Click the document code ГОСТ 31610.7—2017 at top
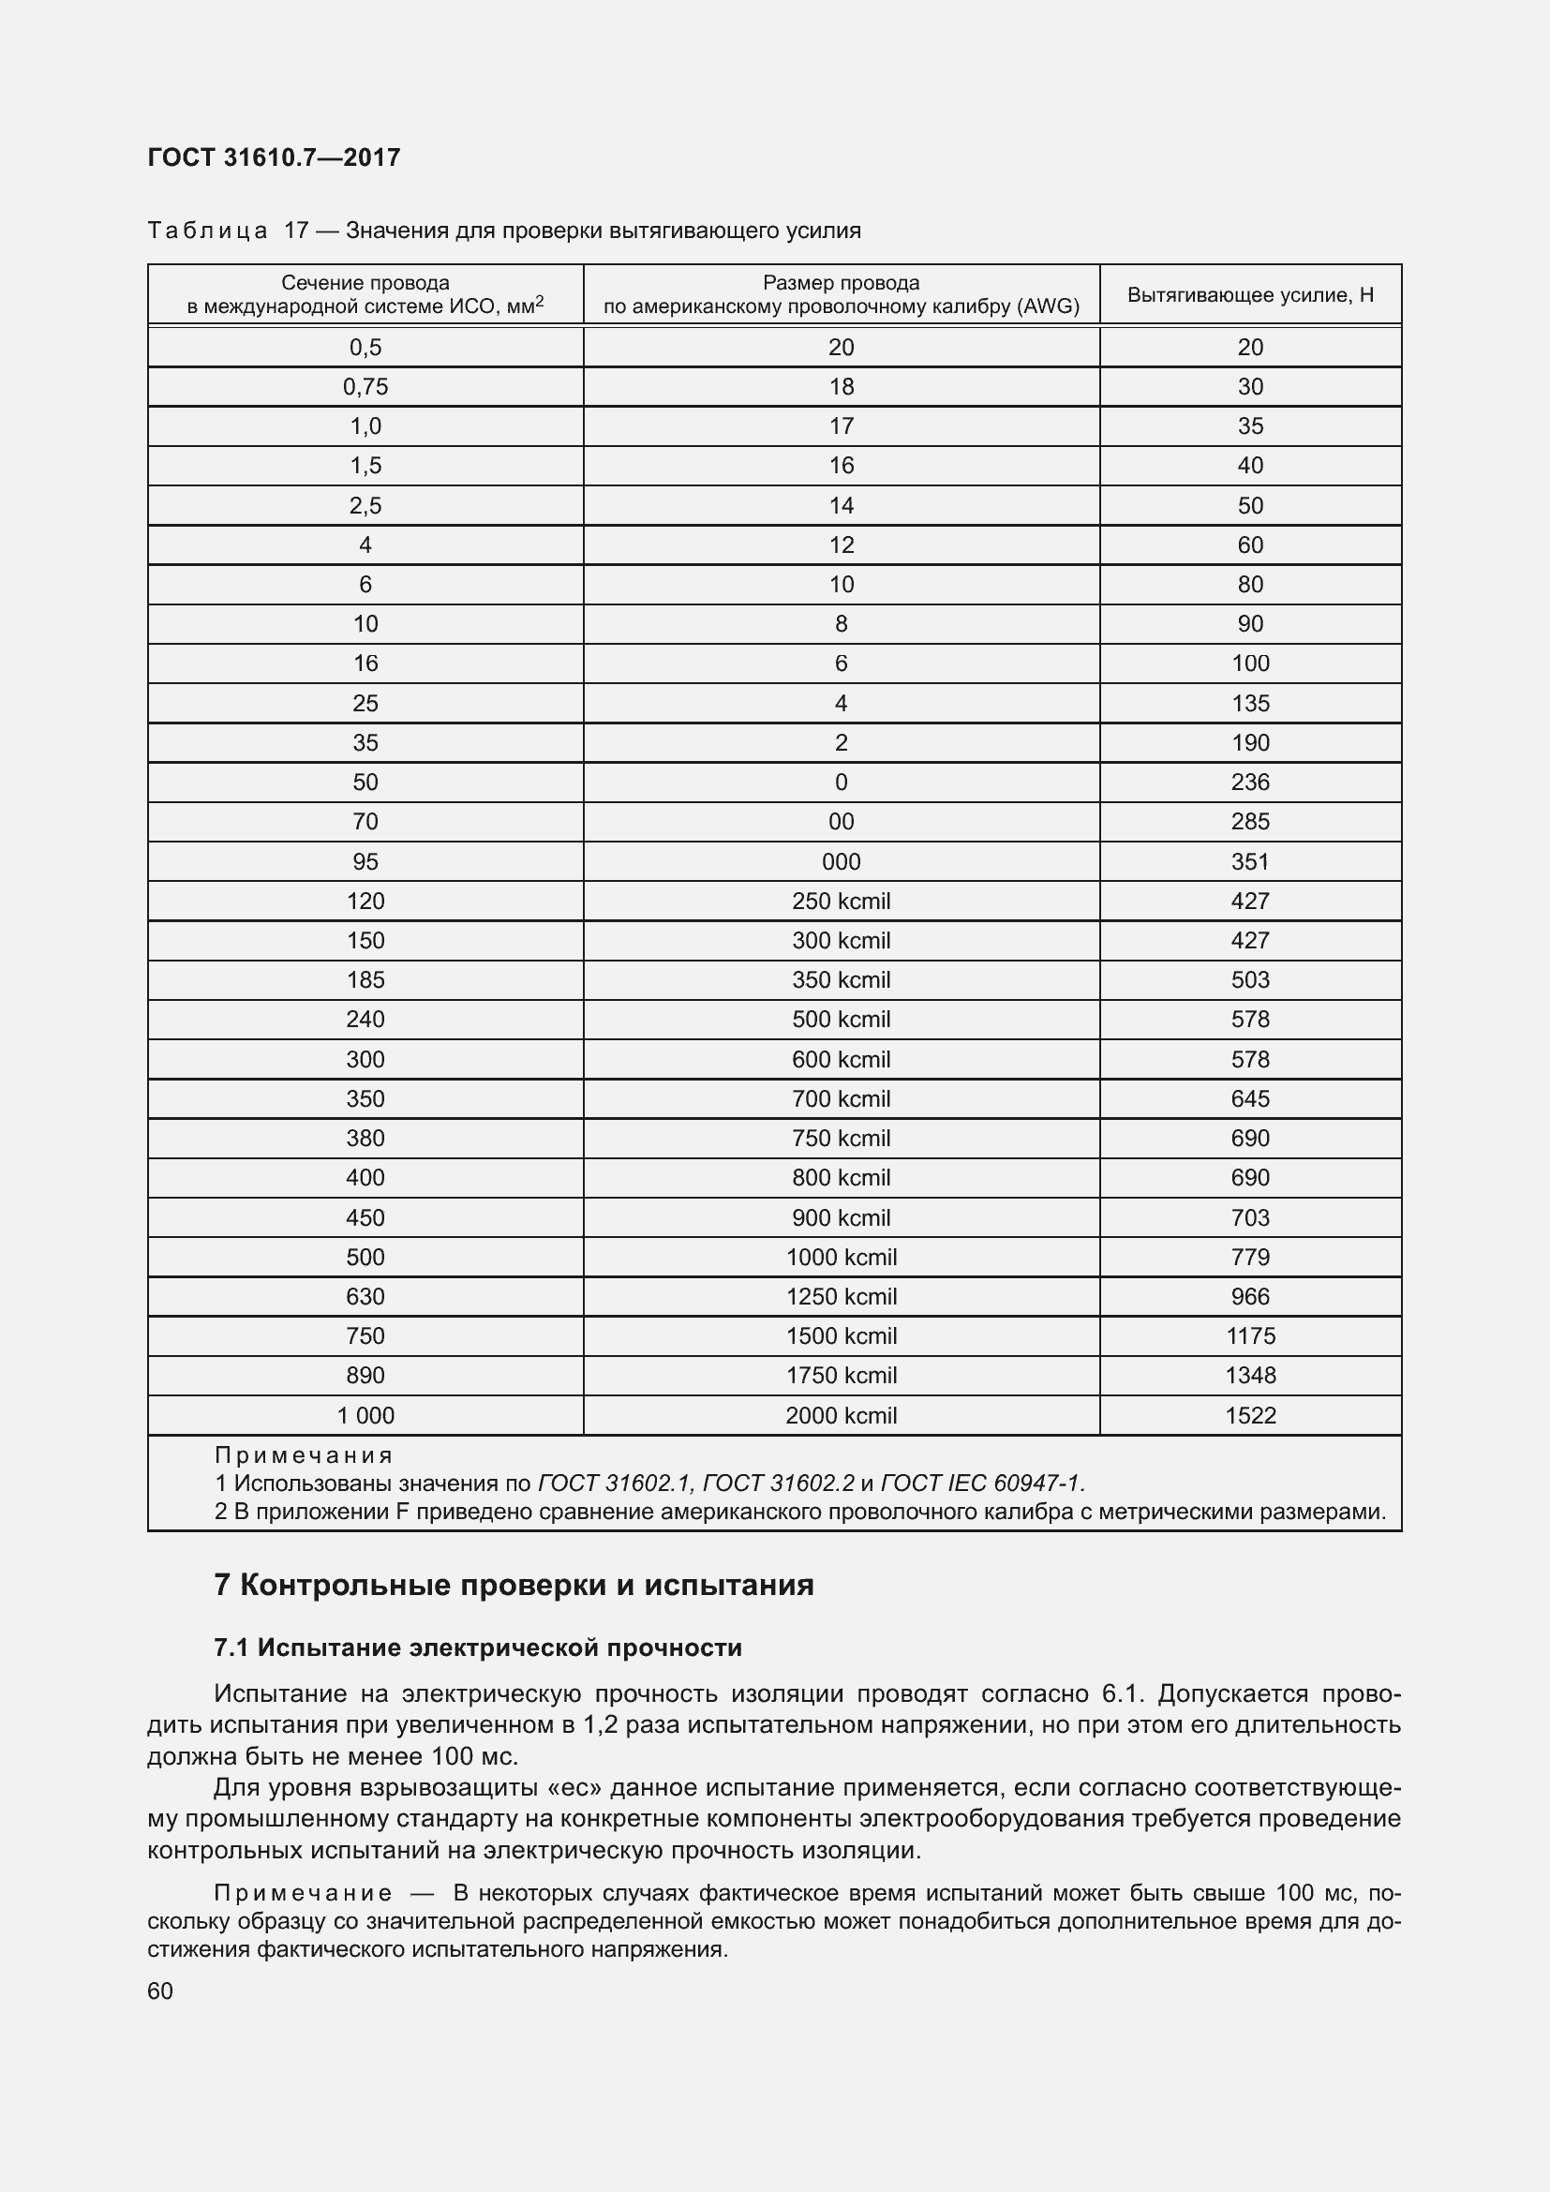point(274,157)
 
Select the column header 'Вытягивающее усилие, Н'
point(1249,295)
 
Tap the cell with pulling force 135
point(1249,704)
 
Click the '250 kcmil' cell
point(841,902)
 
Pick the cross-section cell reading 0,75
point(365,387)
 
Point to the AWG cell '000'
point(841,862)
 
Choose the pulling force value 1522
point(1249,1416)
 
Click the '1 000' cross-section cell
point(365,1416)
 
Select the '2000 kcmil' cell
point(841,1416)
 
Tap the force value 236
point(1249,783)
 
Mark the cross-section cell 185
point(365,980)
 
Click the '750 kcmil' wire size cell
point(841,1139)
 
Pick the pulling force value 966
point(1249,1297)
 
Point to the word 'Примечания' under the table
point(304,1456)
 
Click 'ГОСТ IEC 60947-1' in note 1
point(981,1484)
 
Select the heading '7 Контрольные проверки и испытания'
point(514,1586)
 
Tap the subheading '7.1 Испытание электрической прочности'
point(478,1648)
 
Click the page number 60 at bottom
point(160,1991)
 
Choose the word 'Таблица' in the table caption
point(207,231)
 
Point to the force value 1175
point(1249,1336)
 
